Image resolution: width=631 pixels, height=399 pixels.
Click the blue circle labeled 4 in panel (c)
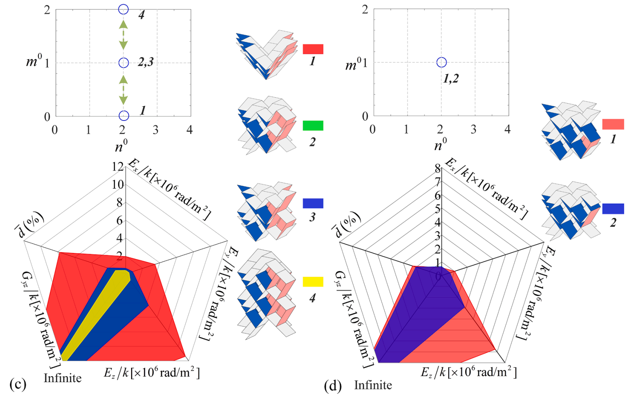pyautogui.click(x=124, y=9)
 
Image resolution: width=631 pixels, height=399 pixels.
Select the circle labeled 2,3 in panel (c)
pyautogui.click(x=124, y=62)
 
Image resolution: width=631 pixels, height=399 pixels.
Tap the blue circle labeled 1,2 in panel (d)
pyautogui.click(x=441, y=62)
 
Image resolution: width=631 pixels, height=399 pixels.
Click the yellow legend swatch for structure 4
pyautogui.click(x=313, y=282)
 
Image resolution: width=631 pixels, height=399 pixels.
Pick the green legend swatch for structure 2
pyautogui.click(x=313, y=126)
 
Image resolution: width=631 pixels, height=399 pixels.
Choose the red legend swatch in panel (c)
pyautogui.click(x=313, y=49)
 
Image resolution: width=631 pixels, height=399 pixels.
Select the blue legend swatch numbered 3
pyautogui.click(x=313, y=203)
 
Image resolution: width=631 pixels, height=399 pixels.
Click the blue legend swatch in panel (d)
pyautogui.click(x=613, y=209)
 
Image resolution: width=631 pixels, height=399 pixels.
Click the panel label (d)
pyautogui.click(x=333, y=386)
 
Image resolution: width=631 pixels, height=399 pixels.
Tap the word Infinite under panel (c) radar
pyautogui.click(x=62, y=378)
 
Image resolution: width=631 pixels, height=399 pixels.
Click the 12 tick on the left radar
pyautogui.click(x=118, y=166)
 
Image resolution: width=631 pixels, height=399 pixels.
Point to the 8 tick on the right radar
pyautogui.click(x=438, y=168)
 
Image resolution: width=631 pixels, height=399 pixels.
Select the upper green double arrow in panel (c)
pyautogui.click(x=124, y=35)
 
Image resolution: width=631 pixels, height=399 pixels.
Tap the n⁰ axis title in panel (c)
pyautogui.click(x=121, y=146)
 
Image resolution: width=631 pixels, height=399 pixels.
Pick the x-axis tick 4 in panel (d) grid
pyautogui.click(x=507, y=129)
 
